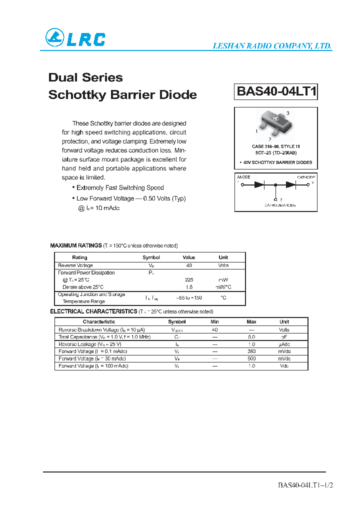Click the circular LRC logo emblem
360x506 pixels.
54,37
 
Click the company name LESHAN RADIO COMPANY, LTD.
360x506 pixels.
272,46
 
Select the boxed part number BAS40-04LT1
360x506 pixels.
276,91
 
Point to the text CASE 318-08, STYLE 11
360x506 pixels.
275,146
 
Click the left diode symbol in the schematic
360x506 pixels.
258,184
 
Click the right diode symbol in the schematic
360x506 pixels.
290,184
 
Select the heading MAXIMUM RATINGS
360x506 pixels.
76,245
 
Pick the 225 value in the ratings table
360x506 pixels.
189,280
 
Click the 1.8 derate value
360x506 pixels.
189,287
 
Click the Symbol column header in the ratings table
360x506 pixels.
151,257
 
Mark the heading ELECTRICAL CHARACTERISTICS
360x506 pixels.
93,311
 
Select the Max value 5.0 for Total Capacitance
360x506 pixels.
251,337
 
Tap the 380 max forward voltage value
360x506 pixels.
251,351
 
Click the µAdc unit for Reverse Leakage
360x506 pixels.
284,344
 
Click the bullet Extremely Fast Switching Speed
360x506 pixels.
119,187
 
